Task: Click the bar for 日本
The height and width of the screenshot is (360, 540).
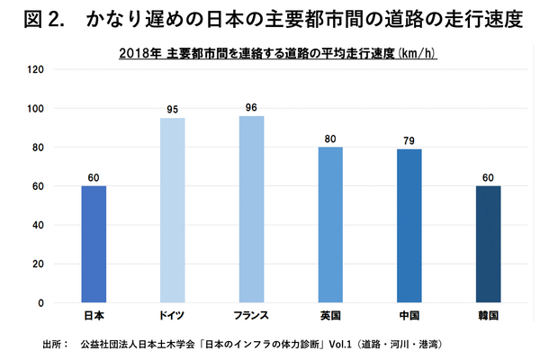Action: (x=94, y=244)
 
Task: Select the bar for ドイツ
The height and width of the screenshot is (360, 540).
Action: (x=173, y=211)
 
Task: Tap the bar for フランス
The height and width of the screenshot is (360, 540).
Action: (x=251, y=210)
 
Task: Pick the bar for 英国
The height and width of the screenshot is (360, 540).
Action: (x=330, y=225)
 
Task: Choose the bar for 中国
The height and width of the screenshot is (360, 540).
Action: (x=409, y=226)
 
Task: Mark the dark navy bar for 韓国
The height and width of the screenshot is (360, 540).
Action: (x=489, y=244)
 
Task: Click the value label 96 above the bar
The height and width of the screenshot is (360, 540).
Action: (x=251, y=108)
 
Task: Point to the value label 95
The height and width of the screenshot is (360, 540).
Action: (x=173, y=110)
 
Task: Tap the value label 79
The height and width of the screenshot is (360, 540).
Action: (x=409, y=140)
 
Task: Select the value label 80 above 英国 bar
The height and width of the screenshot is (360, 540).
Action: (x=330, y=139)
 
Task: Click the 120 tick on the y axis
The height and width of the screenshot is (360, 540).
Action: (x=36, y=69)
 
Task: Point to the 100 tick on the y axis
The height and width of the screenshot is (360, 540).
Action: (x=36, y=108)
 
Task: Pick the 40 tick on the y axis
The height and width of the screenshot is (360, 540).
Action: (x=39, y=225)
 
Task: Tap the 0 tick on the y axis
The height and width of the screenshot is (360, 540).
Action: (x=41, y=303)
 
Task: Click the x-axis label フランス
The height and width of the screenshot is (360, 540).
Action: (x=251, y=317)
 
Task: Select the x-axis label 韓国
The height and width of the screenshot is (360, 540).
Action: (x=489, y=317)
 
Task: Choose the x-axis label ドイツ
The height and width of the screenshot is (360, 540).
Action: (x=173, y=317)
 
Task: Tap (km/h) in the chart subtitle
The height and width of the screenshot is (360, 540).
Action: (x=417, y=53)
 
